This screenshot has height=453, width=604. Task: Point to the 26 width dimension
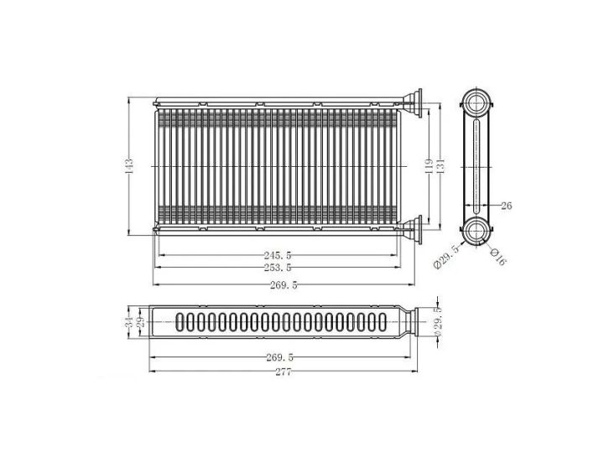tap(506, 205)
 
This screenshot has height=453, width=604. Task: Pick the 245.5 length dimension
tap(278, 255)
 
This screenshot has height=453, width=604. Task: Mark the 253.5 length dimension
tap(278, 268)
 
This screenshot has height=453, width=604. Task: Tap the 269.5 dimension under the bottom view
tap(279, 357)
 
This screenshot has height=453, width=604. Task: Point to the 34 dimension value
tap(128, 321)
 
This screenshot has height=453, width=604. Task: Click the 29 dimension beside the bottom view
tap(140, 321)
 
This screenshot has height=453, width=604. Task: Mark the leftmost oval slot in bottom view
tap(178, 322)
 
